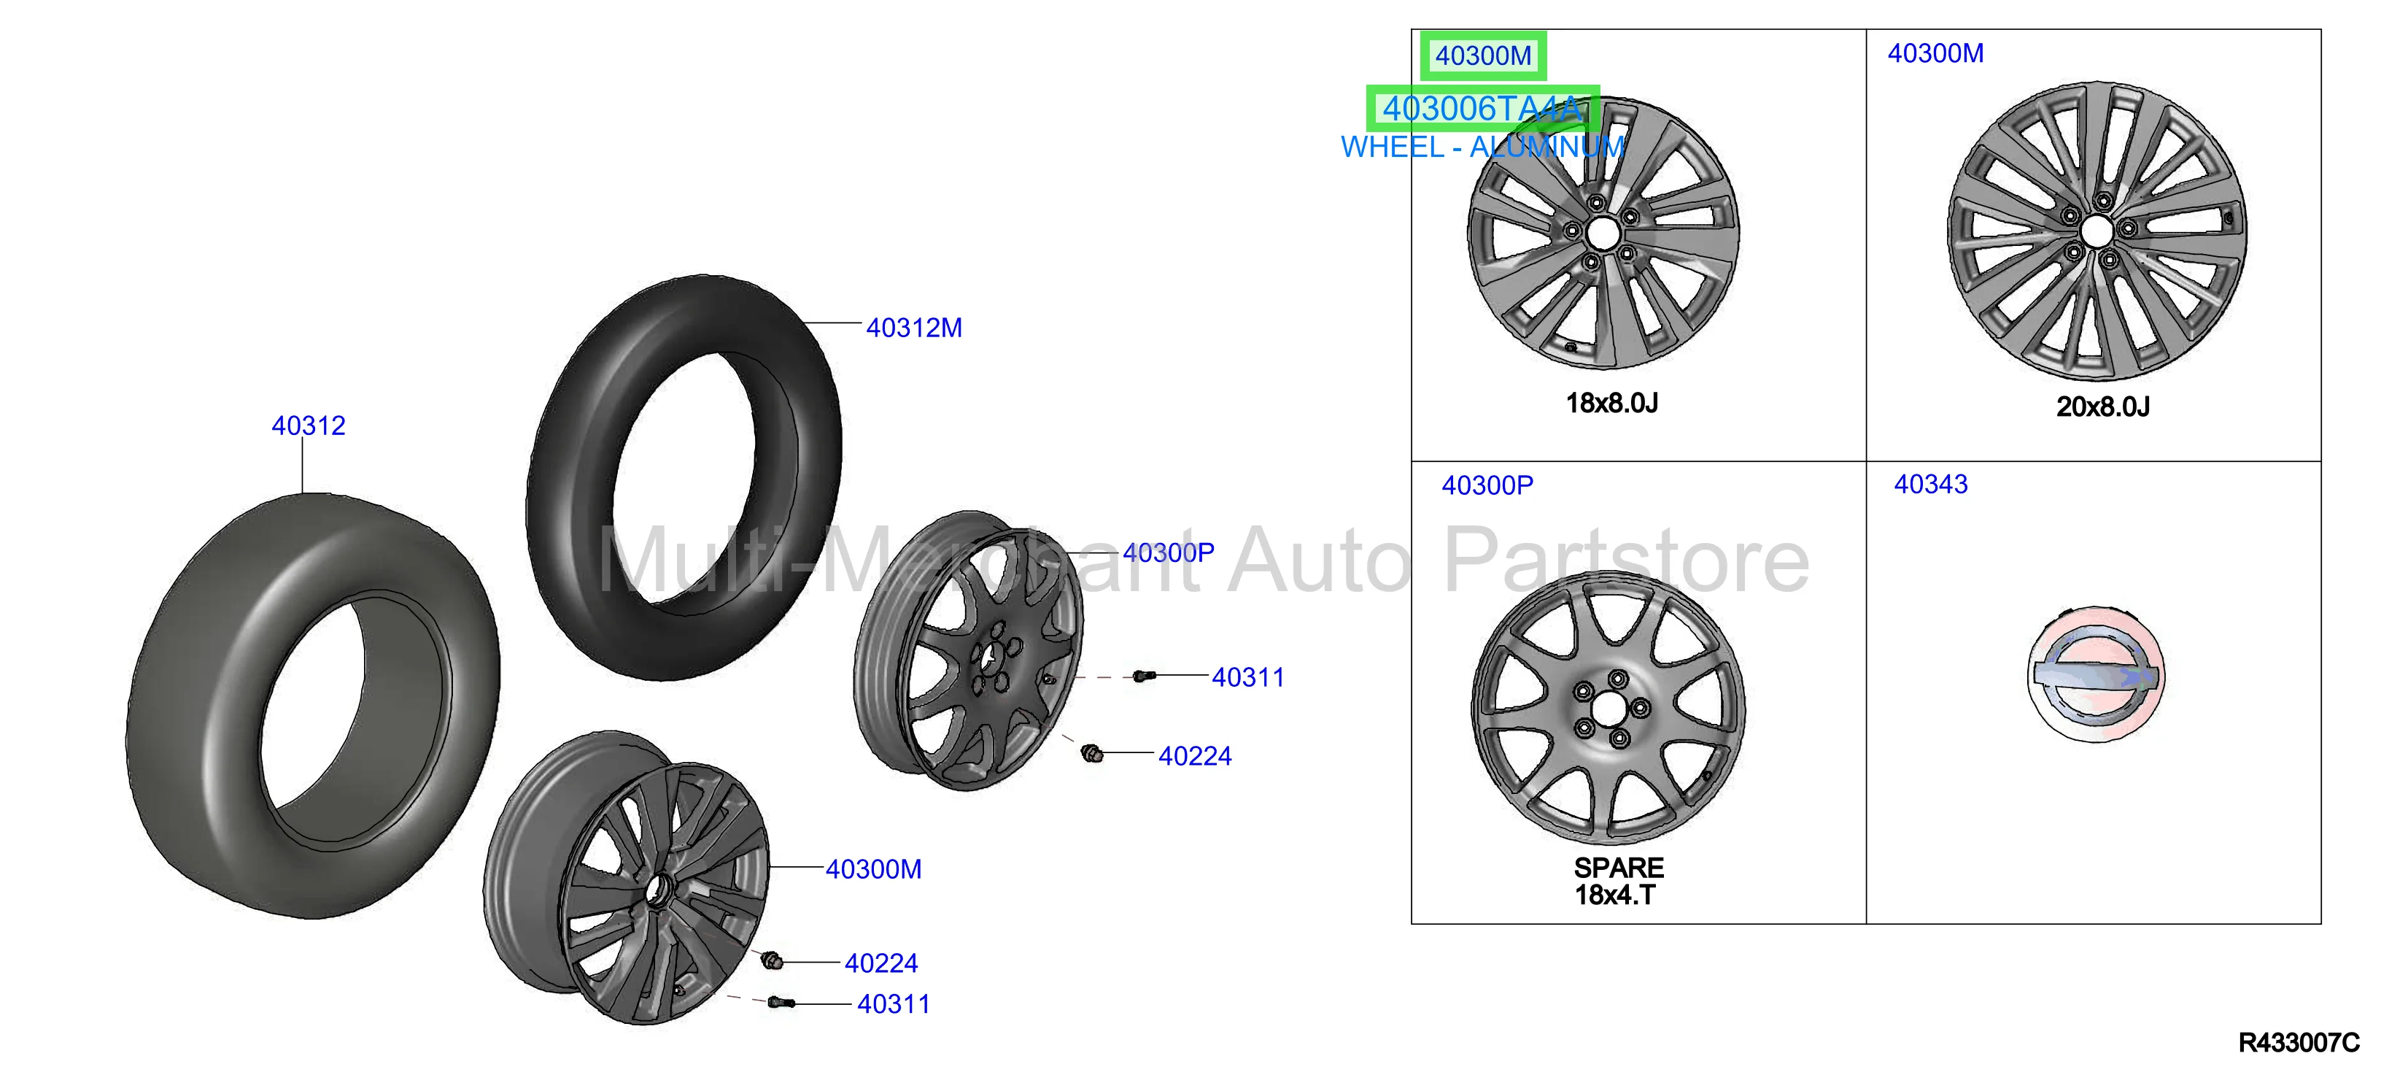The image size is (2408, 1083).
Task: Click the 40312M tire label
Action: click(913, 328)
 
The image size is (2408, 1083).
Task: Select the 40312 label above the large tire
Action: click(309, 425)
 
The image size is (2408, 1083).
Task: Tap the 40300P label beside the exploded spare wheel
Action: click(1169, 552)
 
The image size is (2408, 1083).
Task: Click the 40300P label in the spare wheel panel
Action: click(1487, 485)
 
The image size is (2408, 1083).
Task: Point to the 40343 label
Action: click(1930, 485)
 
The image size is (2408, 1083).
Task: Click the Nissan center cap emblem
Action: click(2095, 674)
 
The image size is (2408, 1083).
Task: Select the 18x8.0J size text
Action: click(1611, 403)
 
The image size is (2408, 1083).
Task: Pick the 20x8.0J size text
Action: click(2102, 406)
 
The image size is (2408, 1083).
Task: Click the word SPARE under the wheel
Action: click(1618, 868)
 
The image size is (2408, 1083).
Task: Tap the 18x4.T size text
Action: click(1615, 895)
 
